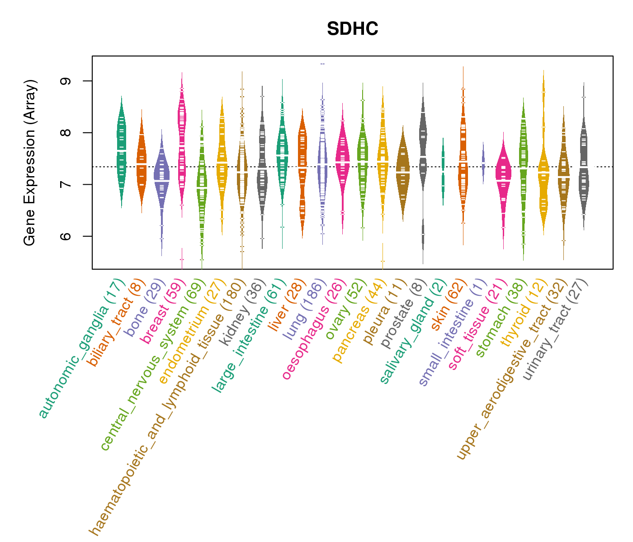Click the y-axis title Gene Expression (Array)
(x=30, y=163)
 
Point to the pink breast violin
(x=182, y=135)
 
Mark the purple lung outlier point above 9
(x=322, y=64)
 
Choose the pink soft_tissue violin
(x=503, y=174)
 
